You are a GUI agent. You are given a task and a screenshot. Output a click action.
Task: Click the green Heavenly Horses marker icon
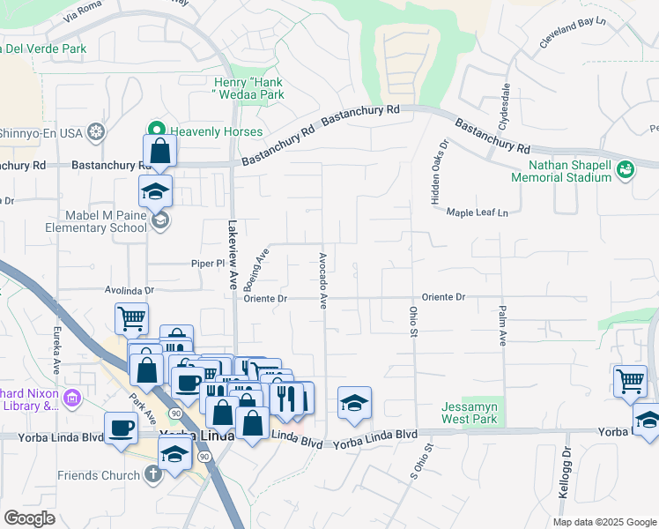point(159,131)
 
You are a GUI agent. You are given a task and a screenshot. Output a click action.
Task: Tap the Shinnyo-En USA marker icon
point(95,132)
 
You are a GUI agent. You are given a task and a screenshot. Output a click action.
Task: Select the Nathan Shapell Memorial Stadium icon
point(625,168)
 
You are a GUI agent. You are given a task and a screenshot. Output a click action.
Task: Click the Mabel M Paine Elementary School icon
point(159,220)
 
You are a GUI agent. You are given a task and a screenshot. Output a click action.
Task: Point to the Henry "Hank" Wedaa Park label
point(248,88)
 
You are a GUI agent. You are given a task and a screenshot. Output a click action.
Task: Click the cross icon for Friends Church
point(153,475)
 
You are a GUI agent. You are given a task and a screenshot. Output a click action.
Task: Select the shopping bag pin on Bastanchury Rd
point(159,151)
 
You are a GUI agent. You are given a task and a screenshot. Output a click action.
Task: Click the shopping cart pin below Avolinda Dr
point(131,318)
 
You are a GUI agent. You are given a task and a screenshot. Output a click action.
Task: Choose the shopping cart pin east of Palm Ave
point(630,381)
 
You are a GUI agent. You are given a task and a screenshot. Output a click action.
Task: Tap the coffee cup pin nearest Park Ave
point(121,428)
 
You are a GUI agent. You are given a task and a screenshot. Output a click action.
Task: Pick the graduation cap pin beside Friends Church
point(175,453)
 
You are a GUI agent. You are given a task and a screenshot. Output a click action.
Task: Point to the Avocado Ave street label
point(323,279)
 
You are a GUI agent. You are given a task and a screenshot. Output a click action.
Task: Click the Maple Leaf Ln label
point(478,212)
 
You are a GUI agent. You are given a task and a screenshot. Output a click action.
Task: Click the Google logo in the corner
point(29,518)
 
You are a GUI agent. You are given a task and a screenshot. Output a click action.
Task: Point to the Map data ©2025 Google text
point(603,522)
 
